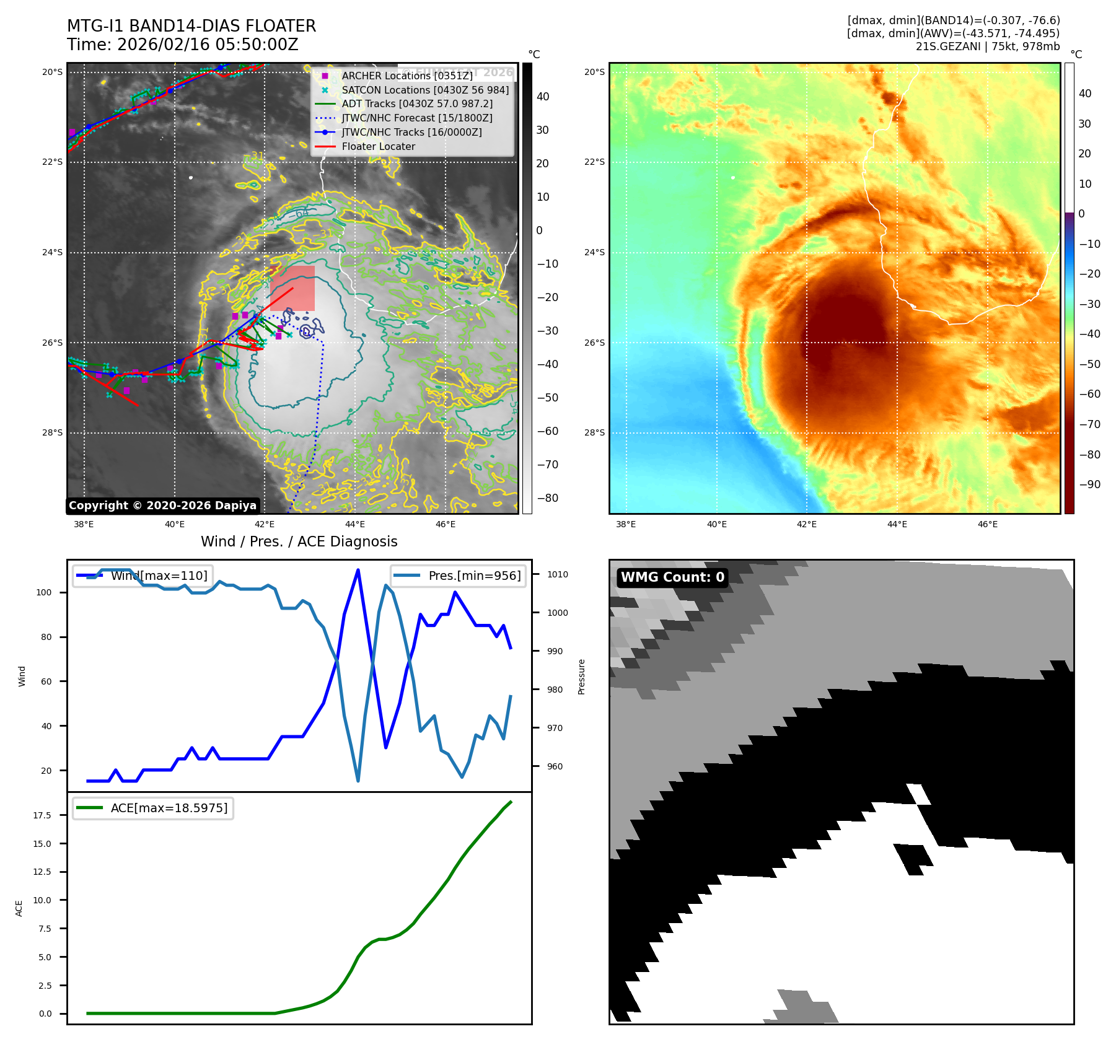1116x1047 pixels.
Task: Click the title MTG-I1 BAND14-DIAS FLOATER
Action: pyautogui.click(x=191, y=26)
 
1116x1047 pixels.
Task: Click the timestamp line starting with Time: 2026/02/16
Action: pyautogui.click(x=183, y=45)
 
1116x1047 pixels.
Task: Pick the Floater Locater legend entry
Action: pyautogui.click(x=378, y=146)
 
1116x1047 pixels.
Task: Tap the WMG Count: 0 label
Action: pyautogui.click(x=672, y=577)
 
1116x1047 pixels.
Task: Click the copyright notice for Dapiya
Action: pyautogui.click(x=162, y=506)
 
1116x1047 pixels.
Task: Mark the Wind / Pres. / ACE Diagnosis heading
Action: pyautogui.click(x=299, y=541)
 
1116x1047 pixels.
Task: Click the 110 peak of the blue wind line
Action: pyautogui.click(x=358, y=570)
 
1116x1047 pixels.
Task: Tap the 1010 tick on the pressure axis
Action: pyautogui.click(x=557, y=574)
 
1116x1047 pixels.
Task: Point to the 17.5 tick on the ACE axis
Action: pyautogui.click(x=42, y=815)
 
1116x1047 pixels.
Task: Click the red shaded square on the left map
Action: pyautogui.click(x=292, y=289)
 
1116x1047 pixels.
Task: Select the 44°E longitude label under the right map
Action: pyautogui.click(x=897, y=524)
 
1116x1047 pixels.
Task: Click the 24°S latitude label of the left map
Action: pyautogui.click(x=53, y=252)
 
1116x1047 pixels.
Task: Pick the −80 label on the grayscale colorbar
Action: pyautogui.click(x=547, y=498)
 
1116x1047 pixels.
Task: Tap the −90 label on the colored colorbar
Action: pyautogui.click(x=1089, y=484)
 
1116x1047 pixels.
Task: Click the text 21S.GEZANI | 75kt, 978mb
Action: pyautogui.click(x=988, y=46)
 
